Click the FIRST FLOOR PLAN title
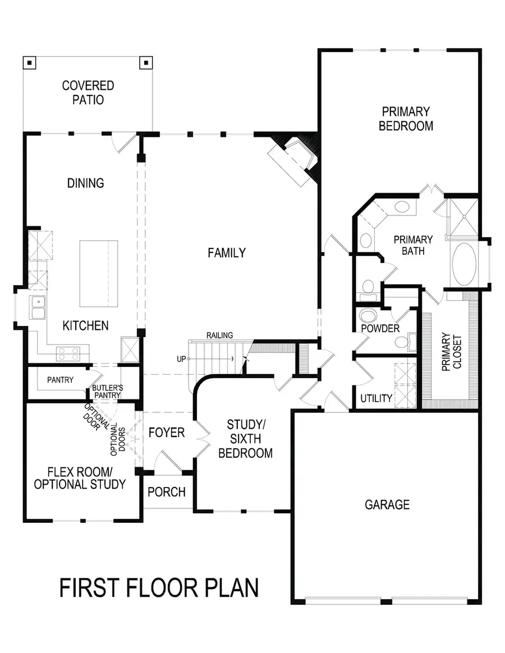pos(159,587)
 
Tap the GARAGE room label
pos(387,505)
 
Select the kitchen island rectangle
pos(99,274)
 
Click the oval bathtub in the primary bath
pos(464,264)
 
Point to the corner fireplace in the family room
pos(294,160)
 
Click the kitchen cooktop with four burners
pos(68,353)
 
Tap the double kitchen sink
pos(38,307)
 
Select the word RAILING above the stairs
pos(219,335)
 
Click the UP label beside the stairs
pos(181,359)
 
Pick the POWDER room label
pos(380,329)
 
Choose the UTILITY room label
pos(377,398)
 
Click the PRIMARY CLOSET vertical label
pos(452,352)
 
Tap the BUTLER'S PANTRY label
pos(108,392)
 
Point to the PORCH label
pos(167,492)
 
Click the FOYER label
pos(167,433)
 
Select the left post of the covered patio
pos(29,63)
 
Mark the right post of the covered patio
pos(146,63)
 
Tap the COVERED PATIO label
pos(88,93)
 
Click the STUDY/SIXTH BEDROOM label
pos(245,439)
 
